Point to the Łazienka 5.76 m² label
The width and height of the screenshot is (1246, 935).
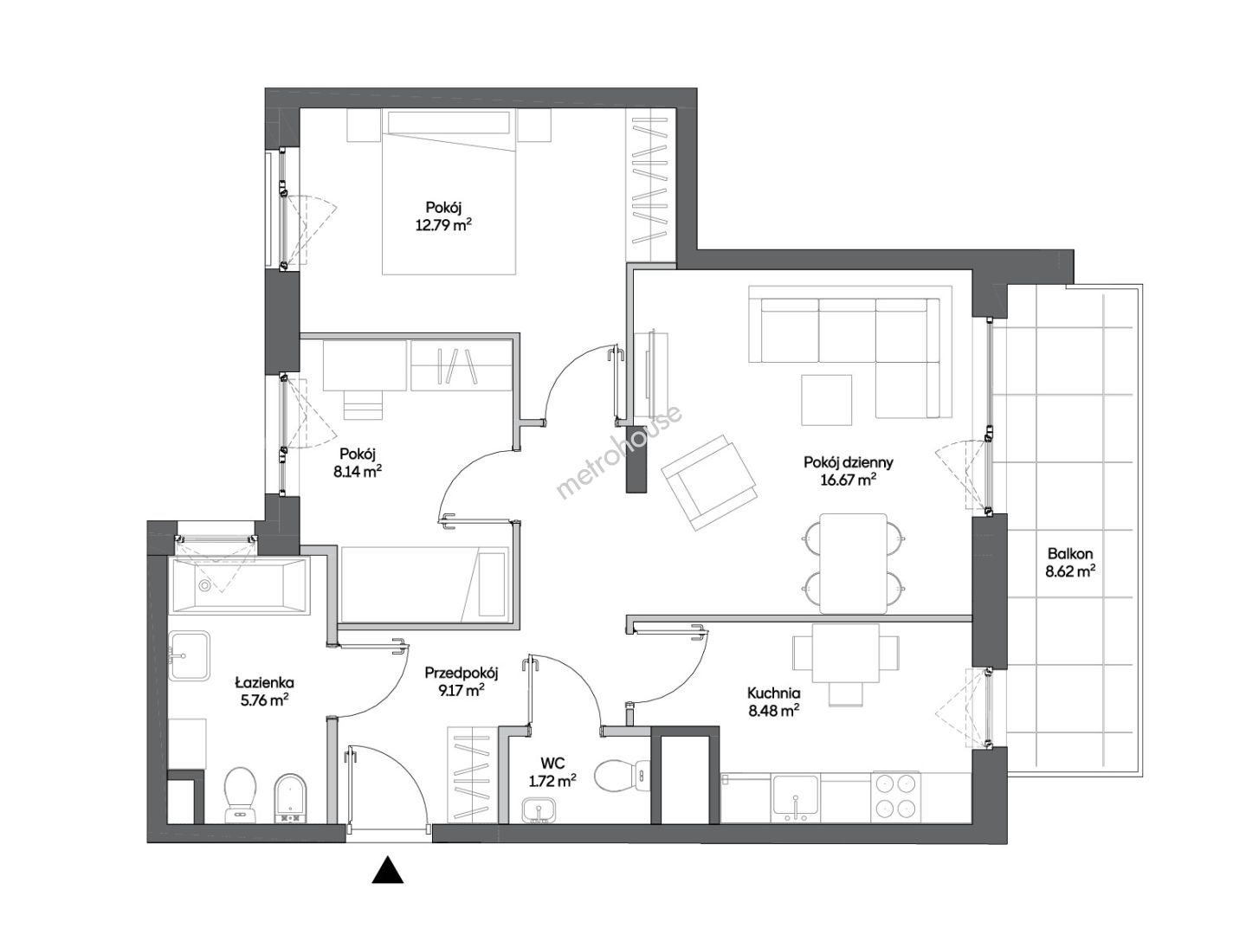pyautogui.click(x=264, y=691)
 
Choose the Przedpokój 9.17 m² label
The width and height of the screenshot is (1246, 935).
pyautogui.click(x=461, y=680)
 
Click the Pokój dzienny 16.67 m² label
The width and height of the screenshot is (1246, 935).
pyautogui.click(x=848, y=471)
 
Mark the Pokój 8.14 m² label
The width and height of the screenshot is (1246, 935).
pyautogui.click(x=358, y=462)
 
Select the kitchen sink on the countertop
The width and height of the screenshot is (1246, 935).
pyautogui.click(x=795, y=797)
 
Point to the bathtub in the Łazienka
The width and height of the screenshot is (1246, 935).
pyautogui.click(x=240, y=585)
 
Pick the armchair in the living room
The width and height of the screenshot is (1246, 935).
pyautogui.click(x=709, y=482)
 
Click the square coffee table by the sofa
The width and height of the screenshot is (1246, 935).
pyautogui.click(x=826, y=399)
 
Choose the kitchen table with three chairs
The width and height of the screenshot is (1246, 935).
pyautogui.click(x=845, y=661)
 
